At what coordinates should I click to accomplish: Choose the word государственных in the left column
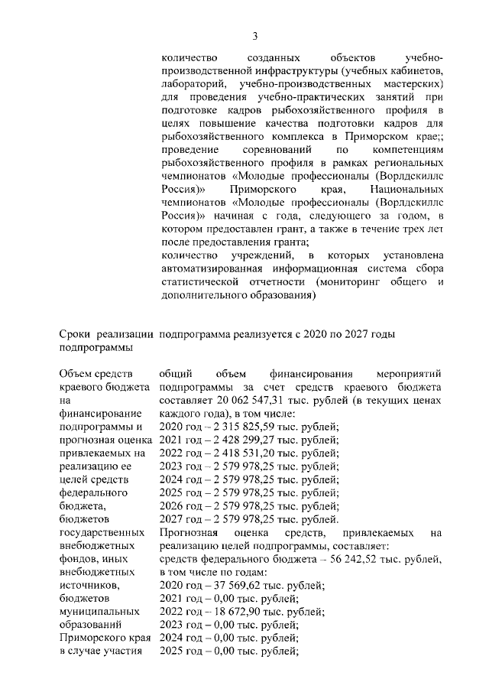click(x=102, y=531)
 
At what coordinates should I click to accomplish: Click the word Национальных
click(x=406, y=188)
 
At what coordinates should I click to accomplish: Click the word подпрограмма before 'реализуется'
click(x=192, y=333)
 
